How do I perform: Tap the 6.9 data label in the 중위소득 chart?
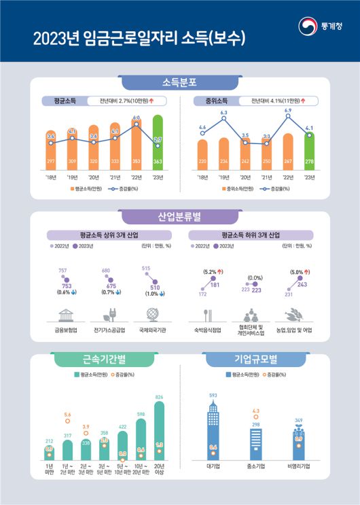pyautogui.click(x=288, y=110)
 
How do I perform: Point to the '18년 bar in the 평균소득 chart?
pyautogui.click(x=51, y=150)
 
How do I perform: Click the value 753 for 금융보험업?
pyautogui.click(x=67, y=286)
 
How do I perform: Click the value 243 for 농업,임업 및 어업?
pyautogui.click(x=302, y=285)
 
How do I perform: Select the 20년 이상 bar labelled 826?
pyautogui.click(x=159, y=428)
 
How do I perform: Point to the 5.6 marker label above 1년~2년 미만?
pyautogui.click(x=67, y=414)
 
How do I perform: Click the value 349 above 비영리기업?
pyautogui.click(x=298, y=421)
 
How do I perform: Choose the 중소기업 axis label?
pyautogui.click(x=255, y=467)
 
